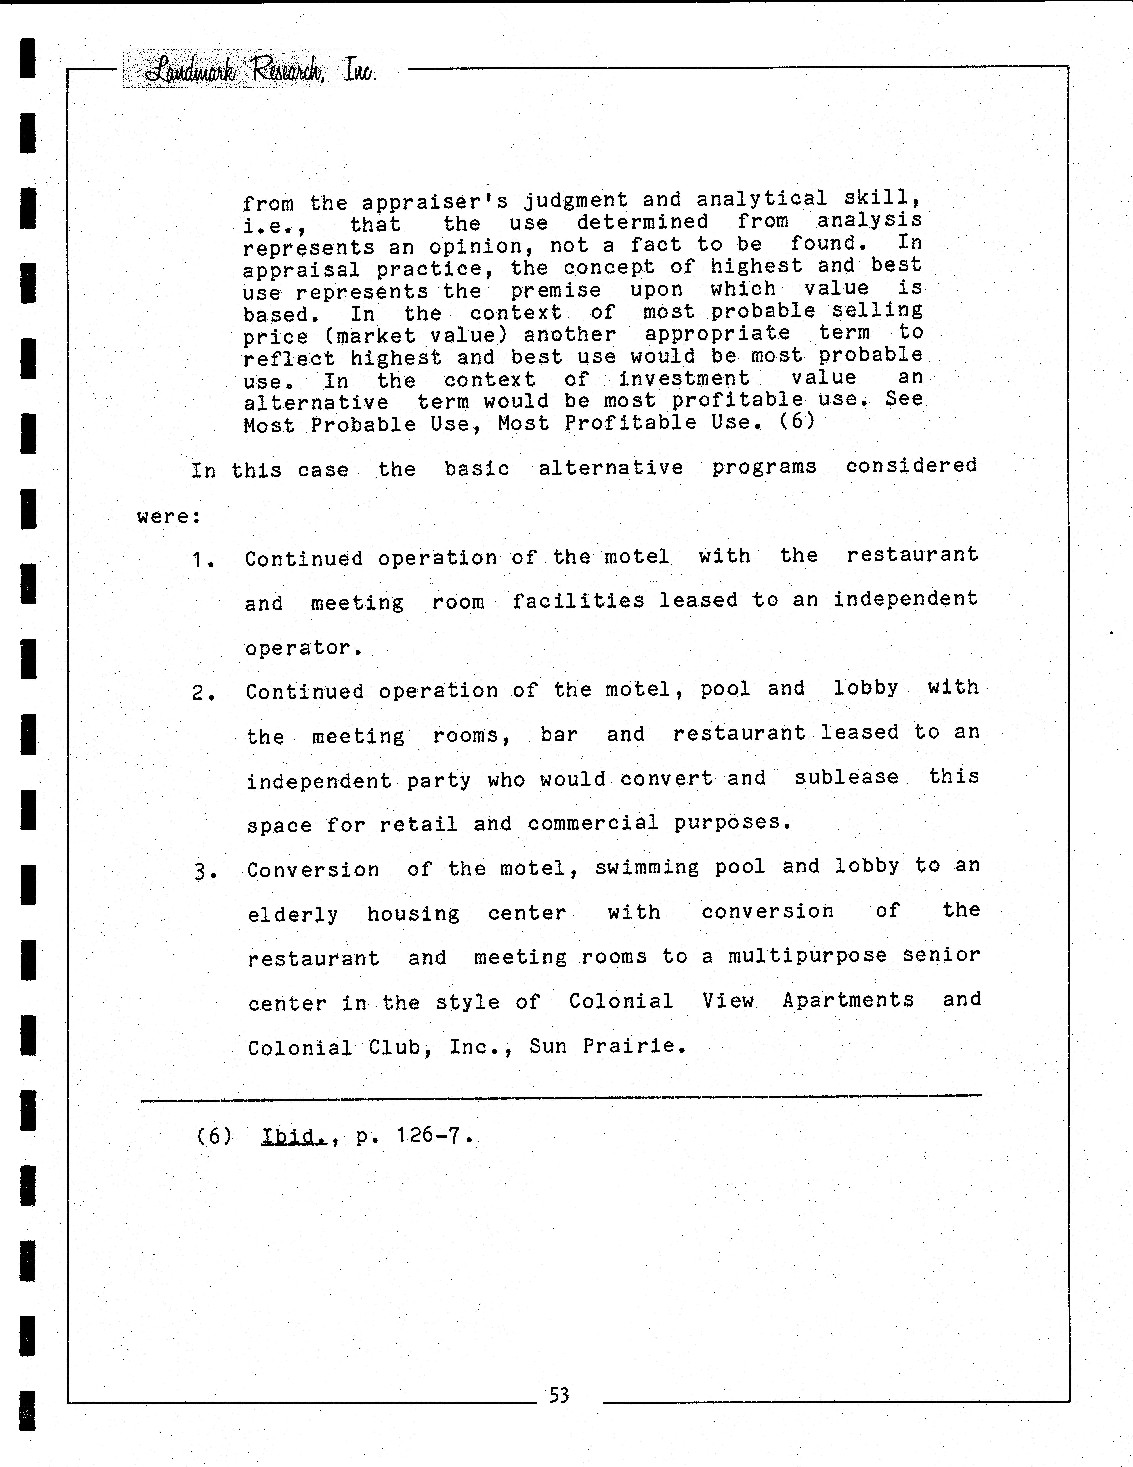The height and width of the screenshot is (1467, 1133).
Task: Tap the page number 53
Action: [559, 1396]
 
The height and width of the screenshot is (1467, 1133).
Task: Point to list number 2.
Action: [202, 692]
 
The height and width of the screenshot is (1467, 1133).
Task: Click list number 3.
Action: [204, 871]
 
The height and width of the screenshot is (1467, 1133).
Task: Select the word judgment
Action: [576, 200]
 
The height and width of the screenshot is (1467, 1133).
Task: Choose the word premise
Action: [555, 290]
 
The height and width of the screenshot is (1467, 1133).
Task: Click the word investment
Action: [684, 378]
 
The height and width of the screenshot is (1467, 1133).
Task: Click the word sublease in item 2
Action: [846, 777]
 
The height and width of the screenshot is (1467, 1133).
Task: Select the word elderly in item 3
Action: [293, 914]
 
